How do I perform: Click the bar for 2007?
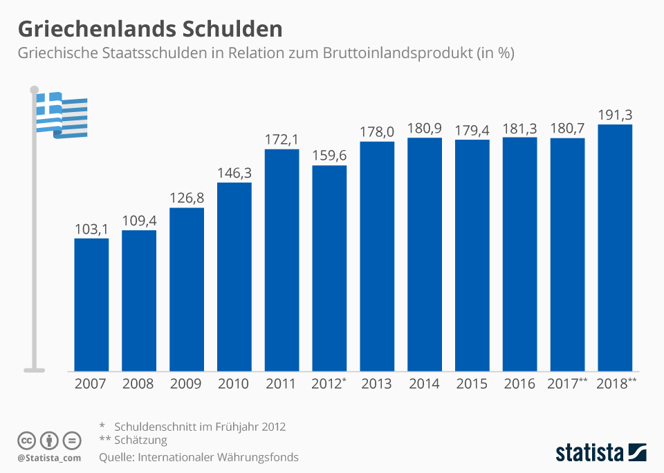click(x=91, y=304)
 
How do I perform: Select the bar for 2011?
click(x=282, y=259)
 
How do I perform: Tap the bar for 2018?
click(x=615, y=248)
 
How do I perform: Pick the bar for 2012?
click(x=329, y=268)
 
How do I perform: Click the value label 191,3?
click(x=615, y=115)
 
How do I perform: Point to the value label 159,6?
click(x=329, y=156)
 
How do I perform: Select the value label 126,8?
click(x=187, y=198)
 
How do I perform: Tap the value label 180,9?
click(x=425, y=128)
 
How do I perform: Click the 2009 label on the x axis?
click(x=187, y=384)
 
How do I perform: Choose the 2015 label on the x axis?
click(x=472, y=384)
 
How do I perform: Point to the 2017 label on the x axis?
click(x=564, y=384)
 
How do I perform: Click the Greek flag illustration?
click(x=62, y=114)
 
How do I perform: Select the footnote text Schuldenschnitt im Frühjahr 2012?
click(x=200, y=426)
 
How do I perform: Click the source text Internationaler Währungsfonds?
click(x=219, y=457)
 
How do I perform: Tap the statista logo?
click(x=600, y=453)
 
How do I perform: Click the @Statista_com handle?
click(x=49, y=458)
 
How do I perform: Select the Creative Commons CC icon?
click(x=26, y=440)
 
